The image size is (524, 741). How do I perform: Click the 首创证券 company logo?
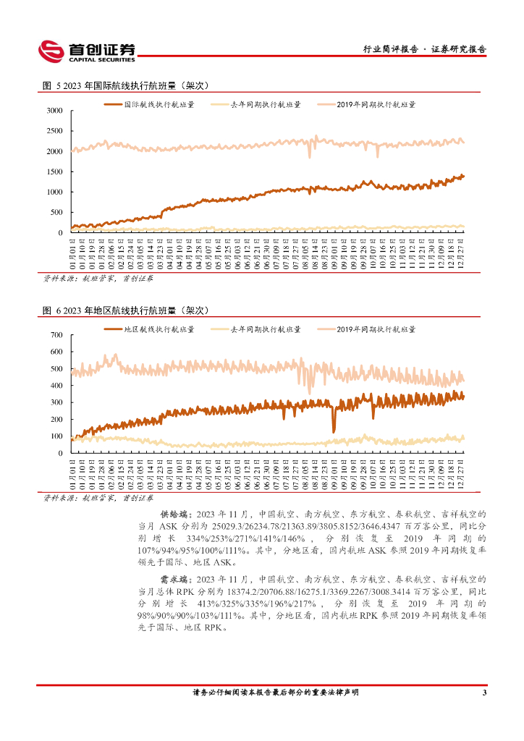pos(87,50)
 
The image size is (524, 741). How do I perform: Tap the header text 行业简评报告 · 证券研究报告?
pos(423,49)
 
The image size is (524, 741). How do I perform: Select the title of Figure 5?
pos(126,85)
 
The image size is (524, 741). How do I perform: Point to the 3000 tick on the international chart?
pos(55,111)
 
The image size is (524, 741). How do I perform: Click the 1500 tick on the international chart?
pos(55,172)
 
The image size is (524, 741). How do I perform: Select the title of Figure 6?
pos(126,310)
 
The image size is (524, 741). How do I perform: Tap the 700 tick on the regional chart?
pos(57,336)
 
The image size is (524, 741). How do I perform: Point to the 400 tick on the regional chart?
pos(57,386)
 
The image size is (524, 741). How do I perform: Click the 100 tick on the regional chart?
pos(57,436)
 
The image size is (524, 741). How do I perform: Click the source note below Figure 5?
pos(98,277)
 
